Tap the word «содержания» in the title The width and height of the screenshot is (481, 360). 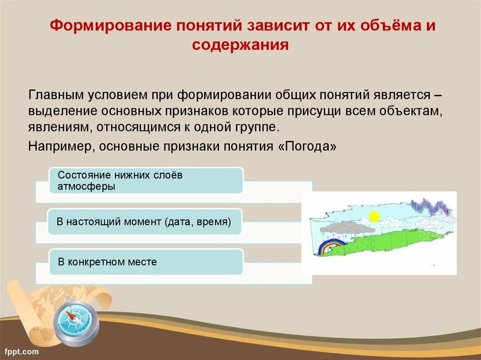coord(240,45)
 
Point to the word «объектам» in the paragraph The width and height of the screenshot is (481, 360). coord(411,111)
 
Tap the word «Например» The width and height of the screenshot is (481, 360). coord(62,146)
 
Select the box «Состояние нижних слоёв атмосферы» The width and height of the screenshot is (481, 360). coord(146,181)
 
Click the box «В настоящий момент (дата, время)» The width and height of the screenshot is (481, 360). coord(145,222)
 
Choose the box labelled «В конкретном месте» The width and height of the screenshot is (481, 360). coord(146,262)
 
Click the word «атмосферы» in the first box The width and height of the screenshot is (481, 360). coord(86,186)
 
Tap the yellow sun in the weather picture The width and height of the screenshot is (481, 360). coord(374,216)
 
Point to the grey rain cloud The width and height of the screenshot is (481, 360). coord(343,228)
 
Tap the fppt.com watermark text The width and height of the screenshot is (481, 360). coord(22,352)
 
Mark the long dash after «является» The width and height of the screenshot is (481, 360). coord(438,96)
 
